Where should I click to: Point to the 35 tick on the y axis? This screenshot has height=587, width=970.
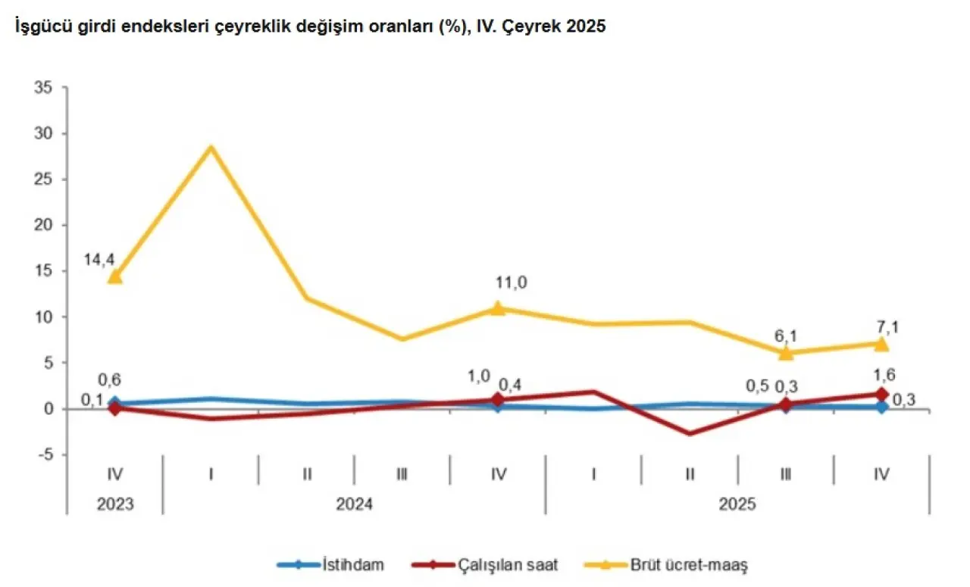coord(42,88)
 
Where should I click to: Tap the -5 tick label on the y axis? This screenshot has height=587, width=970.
coord(43,455)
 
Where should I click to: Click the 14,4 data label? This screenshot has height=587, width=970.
coord(99,260)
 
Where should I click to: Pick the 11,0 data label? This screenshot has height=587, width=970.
coord(510,283)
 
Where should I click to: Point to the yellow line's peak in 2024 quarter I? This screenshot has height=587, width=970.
coord(211,147)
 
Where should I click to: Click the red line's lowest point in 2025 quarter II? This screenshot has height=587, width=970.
coord(690,434)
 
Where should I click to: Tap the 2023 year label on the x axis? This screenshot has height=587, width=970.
coord(114,502)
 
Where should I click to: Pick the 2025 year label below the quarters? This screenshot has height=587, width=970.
coord(737,502)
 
